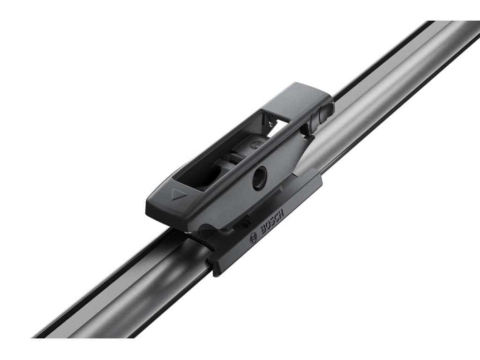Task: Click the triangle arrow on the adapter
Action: pos(177,195)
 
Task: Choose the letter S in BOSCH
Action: pos(272,222)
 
